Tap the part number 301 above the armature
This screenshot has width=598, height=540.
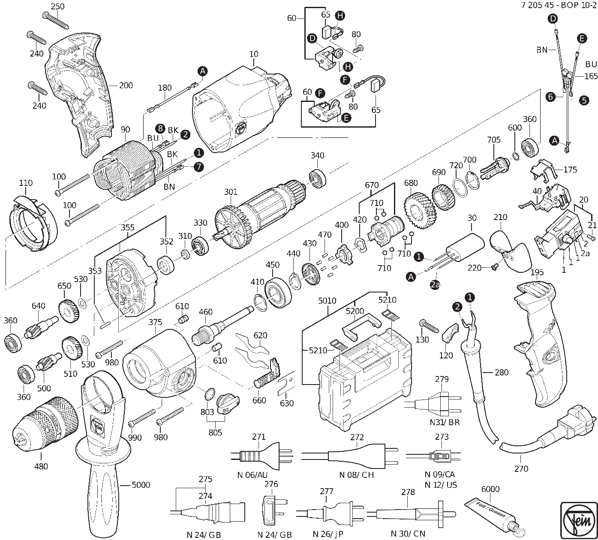(231, 192)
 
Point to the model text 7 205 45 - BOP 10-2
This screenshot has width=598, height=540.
(559, 6)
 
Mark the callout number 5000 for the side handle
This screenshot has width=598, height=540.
(141, 485)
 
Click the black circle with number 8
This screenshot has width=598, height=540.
(160, 128)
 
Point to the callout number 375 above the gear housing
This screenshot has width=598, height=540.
(155, 322)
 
